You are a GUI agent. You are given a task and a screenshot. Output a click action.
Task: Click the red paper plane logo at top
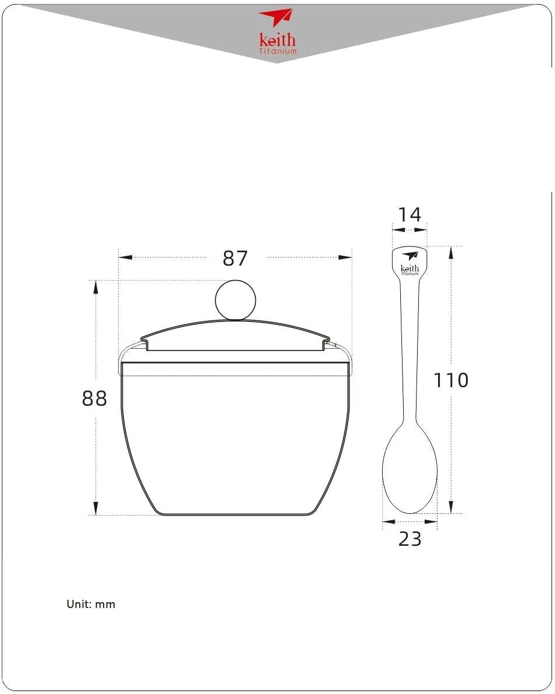[276, 17]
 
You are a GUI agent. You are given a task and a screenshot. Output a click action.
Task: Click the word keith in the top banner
[277, 40]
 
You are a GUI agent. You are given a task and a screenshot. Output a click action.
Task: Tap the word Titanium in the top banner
[277, 51]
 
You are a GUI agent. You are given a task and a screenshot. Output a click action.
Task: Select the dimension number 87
[235, 258]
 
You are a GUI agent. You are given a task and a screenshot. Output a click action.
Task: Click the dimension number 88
[94, 398]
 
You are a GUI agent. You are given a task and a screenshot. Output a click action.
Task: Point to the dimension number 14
[410, 214]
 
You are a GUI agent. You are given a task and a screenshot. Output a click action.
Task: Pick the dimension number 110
[450, 380]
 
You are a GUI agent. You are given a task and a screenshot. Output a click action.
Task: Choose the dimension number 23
[410, 539]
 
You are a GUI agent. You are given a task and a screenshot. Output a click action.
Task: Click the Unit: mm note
[91, 604]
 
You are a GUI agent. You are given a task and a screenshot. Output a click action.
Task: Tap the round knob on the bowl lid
[236, 300]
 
